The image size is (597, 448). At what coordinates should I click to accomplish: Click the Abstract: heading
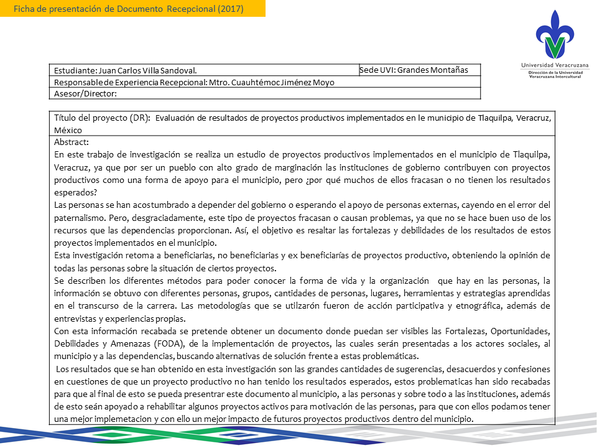[x=72, y=142]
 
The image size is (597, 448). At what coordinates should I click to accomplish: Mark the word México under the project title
[x=68, y=130]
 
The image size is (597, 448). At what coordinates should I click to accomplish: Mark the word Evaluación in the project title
[x=180, y=118]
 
